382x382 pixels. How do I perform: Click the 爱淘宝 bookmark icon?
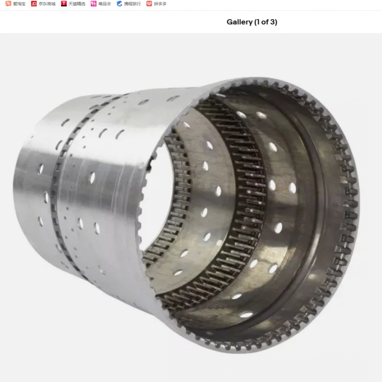[x=8, y=3]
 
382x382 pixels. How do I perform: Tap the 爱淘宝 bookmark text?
[x=19, y=4]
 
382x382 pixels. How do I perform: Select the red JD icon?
[x=33, y=4]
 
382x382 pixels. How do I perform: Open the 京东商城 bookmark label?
[x=47, y=4]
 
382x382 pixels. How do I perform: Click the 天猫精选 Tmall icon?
[x=64, y=3]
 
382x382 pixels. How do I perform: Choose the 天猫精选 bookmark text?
[x=77, y=4]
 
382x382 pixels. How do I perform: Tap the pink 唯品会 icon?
[x=94, y=4]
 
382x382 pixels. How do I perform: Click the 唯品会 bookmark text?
[x=105, y=4]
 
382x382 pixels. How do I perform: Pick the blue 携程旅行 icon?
[x=119, y=4]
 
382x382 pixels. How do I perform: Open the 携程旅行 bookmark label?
[x=133, y=4]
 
